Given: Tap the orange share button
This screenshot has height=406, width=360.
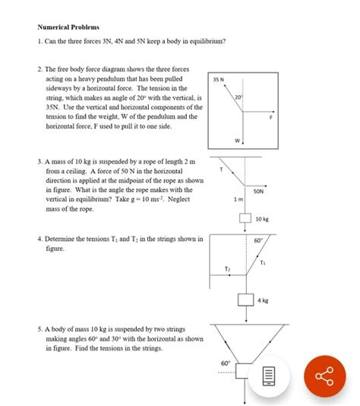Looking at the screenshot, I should point(324,376).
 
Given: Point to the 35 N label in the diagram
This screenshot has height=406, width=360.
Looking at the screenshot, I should point(218,79).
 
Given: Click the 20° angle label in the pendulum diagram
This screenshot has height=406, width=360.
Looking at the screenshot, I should point(238,98).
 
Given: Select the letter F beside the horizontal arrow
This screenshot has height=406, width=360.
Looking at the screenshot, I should point(270,118).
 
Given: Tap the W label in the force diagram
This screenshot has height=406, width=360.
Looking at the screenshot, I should point(237,141).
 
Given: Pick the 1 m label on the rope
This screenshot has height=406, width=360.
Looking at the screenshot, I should point(238,200).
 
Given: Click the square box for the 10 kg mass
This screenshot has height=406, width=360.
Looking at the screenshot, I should point(245,219).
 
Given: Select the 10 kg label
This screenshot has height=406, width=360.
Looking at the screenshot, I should point(262,219).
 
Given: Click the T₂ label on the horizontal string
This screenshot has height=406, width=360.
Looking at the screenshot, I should point(227,269).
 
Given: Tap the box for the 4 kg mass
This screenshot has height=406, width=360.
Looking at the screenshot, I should point(245,300).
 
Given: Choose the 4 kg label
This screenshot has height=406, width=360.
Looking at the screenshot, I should point(263,300).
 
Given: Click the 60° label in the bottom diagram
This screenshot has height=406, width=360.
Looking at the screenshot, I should point(226,363).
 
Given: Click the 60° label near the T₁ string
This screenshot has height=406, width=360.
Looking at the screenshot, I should point(258,241).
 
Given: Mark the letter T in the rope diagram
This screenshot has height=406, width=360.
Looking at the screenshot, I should point(222,168).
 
